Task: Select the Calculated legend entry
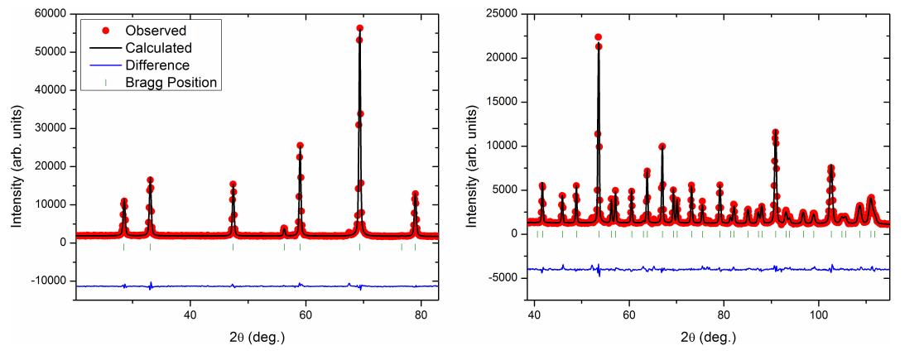coord(159,47)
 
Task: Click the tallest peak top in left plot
coord(359,28)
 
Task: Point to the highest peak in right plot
coord(598,37)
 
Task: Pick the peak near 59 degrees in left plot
coord(300,146)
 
